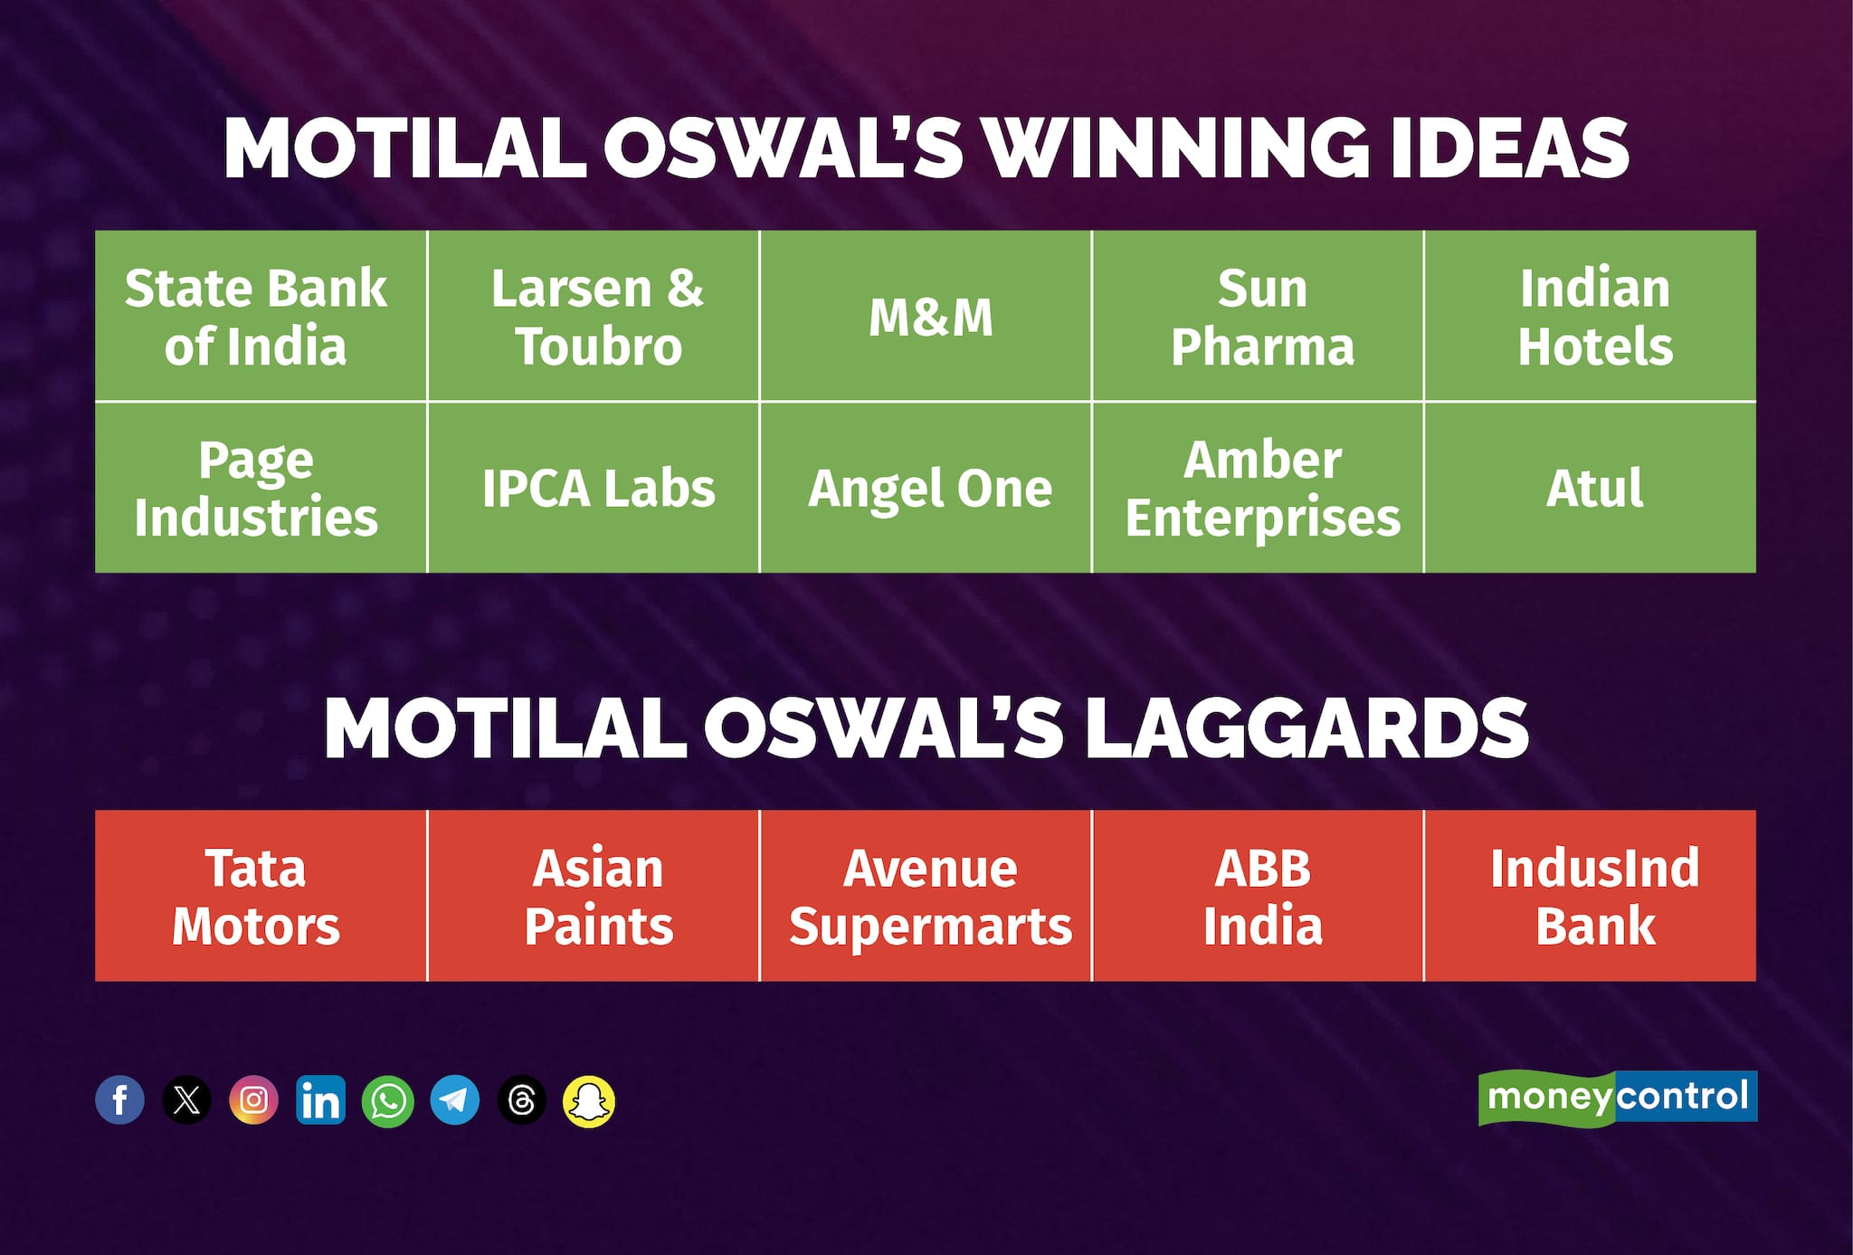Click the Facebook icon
pos(119,1100)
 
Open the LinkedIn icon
pos(320,1100)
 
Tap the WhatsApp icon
pos(387,1100)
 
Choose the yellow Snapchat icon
pos(589,1101)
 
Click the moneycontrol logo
pos(1617,1098)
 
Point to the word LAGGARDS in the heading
pos(1305,728)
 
